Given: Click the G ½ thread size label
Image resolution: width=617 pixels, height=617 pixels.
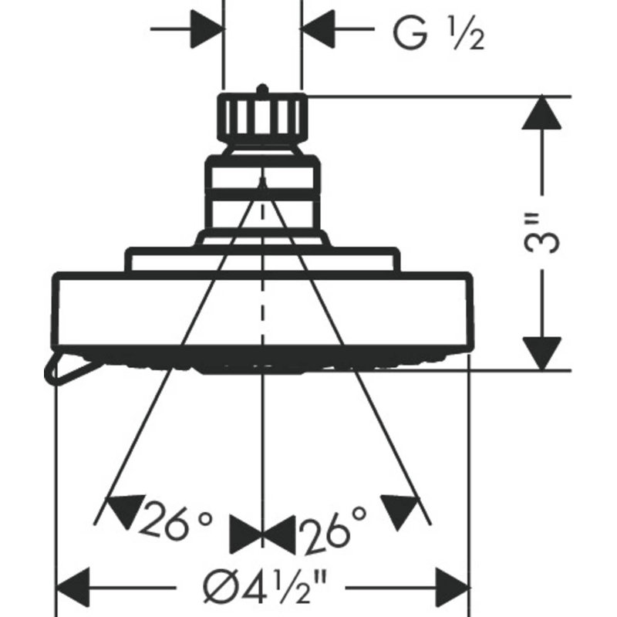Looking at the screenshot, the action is pyautogui.click(x=439, y=35).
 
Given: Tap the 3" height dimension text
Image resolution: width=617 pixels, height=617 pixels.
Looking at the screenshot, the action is pyautogui.click(x=542, y=233).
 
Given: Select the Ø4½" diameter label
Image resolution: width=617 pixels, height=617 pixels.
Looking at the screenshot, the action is pyautogui.click(x=265, y=588).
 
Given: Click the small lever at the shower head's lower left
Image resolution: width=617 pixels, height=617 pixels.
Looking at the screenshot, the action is pyautogui.click(x=67, y=368).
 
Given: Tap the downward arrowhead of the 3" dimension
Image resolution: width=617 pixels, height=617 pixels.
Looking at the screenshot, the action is pyautogui.click(x=542, y=353).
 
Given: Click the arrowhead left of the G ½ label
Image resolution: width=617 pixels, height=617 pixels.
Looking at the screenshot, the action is pyautogui.click(x=317, y=29).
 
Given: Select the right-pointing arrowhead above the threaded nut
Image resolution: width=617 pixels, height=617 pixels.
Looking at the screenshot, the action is pyautogui.click(x=207, y=29).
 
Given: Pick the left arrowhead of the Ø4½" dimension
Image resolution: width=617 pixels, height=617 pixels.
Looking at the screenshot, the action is pyautogui.click(x=73, y=587).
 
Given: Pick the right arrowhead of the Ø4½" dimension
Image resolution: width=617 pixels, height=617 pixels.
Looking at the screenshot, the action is pyautogui.click(x=452, y=587).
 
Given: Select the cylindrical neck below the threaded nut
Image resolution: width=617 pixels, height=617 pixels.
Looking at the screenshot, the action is pyautogui.click(x=262, y=193).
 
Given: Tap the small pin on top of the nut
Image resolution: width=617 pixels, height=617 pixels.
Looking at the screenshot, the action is pyautogui.click(x=262, y=89).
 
